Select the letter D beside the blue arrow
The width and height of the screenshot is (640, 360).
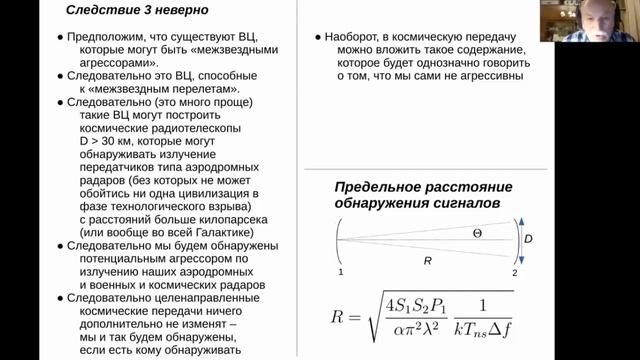click(528, 240)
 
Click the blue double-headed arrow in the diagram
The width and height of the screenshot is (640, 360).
click(519, 240)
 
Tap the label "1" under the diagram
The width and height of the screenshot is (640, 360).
click(340, 271)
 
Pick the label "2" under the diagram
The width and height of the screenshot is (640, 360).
click(514, 271)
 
